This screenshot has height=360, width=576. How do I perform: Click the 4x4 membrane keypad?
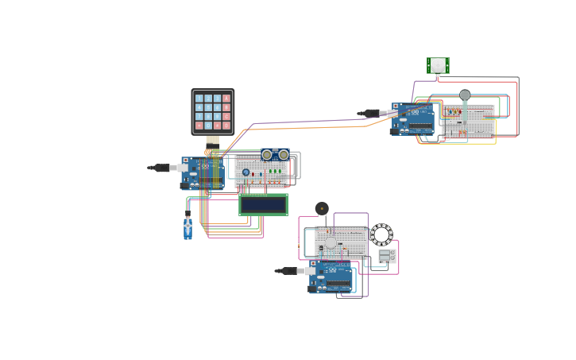tap(213, 111)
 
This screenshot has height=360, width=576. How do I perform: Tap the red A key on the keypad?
tap(226, 99)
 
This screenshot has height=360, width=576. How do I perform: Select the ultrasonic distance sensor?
tap(275, 154)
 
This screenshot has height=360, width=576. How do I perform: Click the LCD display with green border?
tap(263, 204)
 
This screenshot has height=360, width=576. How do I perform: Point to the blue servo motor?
tap(187, 228)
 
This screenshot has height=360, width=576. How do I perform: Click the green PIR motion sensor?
tap(438, 65)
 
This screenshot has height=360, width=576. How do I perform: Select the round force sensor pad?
tap(465, 95)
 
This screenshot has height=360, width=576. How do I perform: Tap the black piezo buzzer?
tap(322, 208)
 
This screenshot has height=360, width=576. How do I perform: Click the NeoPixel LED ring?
tap(381, 234)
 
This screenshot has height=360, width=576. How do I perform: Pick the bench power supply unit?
tap(386, 256)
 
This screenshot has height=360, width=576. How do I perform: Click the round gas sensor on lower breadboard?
tap(331, 242)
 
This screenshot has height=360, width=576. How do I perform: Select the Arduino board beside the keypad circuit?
tap(203, 173)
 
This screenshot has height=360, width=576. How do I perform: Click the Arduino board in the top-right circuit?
tap(413, 119)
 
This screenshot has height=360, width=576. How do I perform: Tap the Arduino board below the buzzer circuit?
tap(331, 277)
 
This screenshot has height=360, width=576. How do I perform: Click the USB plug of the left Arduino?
tap(163, 168)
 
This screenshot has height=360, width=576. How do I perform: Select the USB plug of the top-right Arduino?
tap(372, 113)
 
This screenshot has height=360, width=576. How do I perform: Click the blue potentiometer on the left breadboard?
tap(246, 172)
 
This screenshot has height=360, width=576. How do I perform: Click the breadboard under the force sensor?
tap(468, 122)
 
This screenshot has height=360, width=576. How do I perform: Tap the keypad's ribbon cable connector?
tap(213, 140)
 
